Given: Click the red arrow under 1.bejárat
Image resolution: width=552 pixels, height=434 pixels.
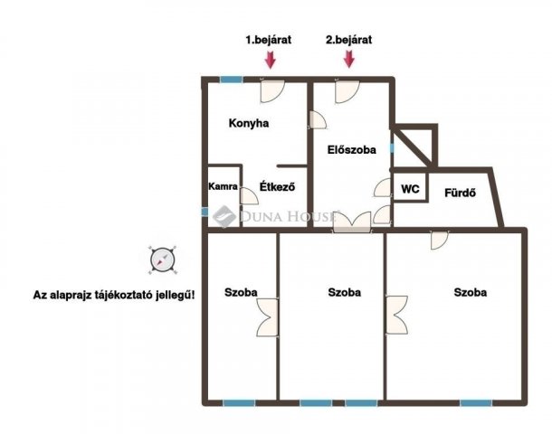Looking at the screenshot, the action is [271, 60].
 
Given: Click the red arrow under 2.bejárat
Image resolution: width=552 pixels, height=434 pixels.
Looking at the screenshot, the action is [349, 59].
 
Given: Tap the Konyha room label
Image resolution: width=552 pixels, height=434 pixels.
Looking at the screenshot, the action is [249, 124].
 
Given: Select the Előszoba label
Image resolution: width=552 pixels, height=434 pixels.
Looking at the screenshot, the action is [352, 150].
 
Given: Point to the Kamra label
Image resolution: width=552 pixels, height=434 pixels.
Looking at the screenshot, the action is [224, 186].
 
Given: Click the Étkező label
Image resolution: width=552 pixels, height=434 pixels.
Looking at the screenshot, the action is [278, 186].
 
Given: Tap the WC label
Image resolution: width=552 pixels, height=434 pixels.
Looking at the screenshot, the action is [410, 189].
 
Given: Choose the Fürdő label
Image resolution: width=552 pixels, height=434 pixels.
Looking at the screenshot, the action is [460, 193].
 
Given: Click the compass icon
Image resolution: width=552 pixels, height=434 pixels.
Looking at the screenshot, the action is [163, 260].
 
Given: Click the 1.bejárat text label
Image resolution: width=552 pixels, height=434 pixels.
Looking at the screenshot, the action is [269, 40].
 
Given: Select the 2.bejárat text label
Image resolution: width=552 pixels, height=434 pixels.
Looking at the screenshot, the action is [349, 40].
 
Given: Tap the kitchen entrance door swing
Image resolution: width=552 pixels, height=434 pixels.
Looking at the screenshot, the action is [272, 91].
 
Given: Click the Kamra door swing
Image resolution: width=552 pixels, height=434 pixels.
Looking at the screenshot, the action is [249, 196].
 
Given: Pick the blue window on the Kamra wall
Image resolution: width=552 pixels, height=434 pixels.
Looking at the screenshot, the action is [205, 212].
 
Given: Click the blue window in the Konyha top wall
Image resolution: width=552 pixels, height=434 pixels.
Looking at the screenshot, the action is [232, 80].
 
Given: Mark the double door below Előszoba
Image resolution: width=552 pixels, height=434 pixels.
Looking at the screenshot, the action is [352, 222].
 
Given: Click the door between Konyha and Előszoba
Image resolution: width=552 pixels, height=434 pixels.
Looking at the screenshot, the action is [319, 120].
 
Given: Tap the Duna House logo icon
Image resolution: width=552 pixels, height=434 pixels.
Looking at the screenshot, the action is [224, 217].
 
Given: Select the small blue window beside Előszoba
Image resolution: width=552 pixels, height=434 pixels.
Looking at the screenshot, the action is [392, 148].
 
